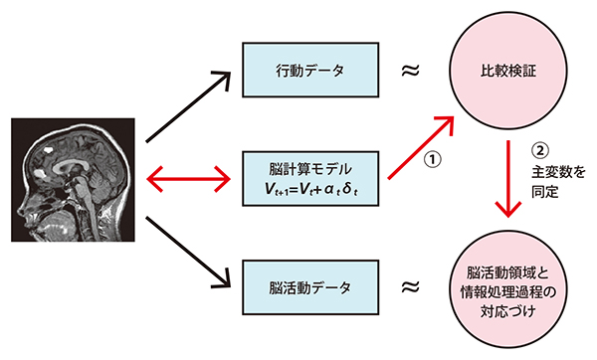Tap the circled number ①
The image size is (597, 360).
[x=434, y=160]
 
